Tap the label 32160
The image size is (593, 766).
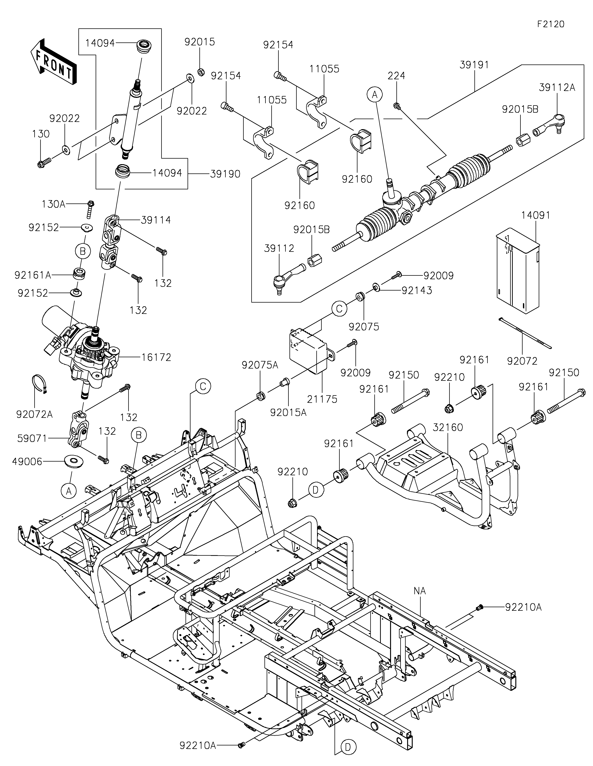(448, 427)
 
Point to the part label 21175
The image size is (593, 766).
(322, 399)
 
